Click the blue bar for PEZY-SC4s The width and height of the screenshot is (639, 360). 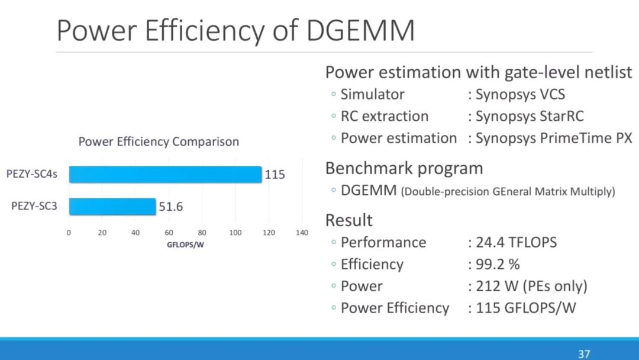tap(165, 175)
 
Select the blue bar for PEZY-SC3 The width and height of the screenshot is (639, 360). tap(112, 207)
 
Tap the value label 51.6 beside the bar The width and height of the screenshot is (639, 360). tap(170, 207)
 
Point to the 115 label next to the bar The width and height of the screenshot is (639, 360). tap(275, 175)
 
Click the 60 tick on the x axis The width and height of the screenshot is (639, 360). tap(169, 233)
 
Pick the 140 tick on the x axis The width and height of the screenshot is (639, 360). tap(302, 233)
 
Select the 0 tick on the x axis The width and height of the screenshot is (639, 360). tap(69, 233)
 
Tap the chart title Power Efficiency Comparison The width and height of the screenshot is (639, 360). tap(159, 142)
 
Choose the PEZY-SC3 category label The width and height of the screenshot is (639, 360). tap(34, 207)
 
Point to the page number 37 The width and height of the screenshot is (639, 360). tap(584, 354)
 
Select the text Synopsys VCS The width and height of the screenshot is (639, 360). tap(520, 94)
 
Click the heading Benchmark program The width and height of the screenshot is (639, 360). tap(404, 168)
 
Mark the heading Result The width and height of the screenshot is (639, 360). tap(349, 220)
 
